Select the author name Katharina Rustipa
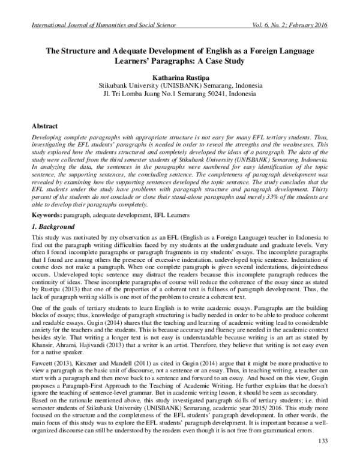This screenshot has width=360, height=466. tap(180, 77)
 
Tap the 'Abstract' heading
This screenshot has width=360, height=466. tap(46, 127)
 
